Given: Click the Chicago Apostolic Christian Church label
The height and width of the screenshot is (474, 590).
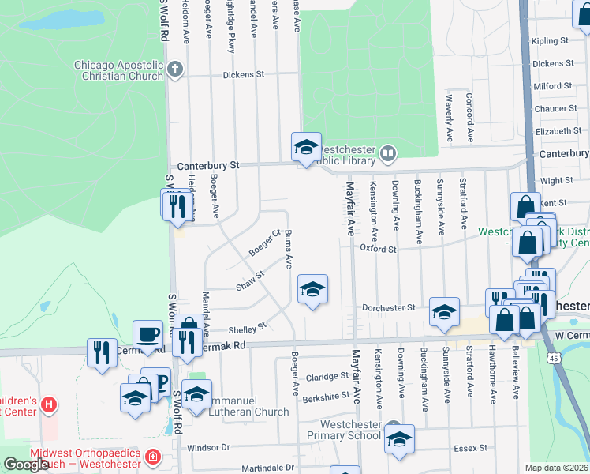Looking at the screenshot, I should click(118, 70).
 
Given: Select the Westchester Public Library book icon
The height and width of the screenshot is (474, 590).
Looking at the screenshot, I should click(387, 152).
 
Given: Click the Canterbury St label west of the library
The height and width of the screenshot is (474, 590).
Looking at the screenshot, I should click(208, 166).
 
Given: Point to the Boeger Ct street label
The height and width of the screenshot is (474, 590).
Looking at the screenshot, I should click(265, 243).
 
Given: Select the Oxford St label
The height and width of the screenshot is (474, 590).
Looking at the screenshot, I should click(377, 248).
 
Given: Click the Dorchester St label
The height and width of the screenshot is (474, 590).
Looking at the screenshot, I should click(388, 307).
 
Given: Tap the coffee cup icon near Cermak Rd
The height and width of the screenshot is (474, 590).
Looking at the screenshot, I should click(147, 333).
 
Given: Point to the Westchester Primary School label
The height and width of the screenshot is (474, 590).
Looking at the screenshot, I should click(352, 430).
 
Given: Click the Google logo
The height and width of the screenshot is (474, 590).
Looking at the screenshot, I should click(26, 465).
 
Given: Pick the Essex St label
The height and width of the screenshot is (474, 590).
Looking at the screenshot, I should click(471, 448).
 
